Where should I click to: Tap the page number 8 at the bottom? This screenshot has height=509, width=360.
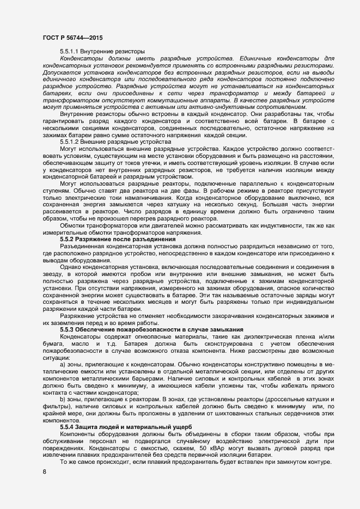click(x=44, y=471)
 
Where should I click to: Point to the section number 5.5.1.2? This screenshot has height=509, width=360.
click(x=70, y=141)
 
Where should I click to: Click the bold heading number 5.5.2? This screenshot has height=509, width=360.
click(x=66, y=239)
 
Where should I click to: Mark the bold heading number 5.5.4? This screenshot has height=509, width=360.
click(x=66, y=426)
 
